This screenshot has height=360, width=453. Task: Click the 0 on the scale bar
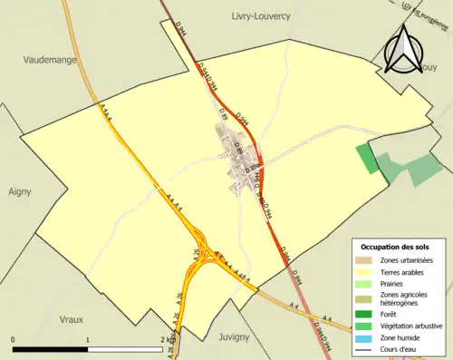[x=13, y=340]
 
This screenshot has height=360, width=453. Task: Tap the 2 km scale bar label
[x=166, y=340]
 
